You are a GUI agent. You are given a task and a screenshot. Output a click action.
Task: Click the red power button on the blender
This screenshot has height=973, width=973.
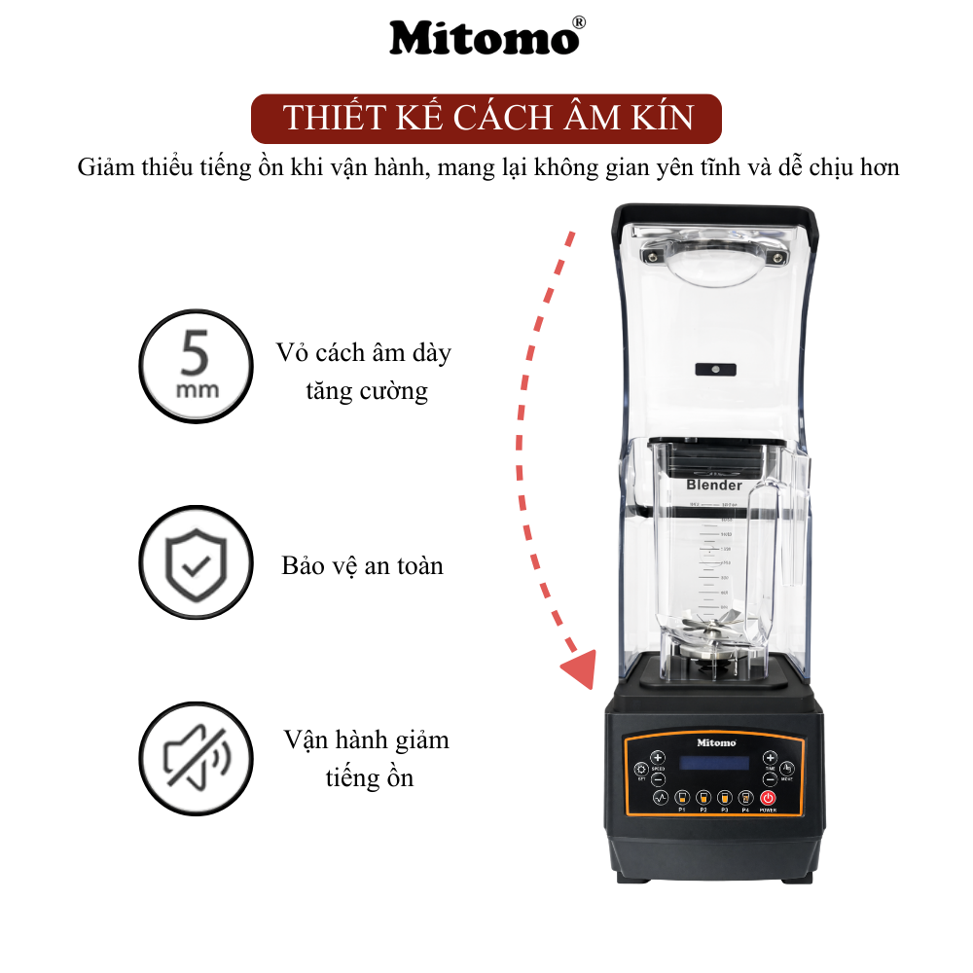click(768, 797)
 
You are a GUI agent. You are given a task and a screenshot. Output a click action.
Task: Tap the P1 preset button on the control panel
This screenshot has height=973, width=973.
click(682, 797)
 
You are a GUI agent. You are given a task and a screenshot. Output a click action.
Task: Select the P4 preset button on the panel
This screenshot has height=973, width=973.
click(745, 797)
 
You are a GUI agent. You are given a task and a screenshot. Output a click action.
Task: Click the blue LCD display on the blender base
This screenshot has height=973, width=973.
click(713, 764)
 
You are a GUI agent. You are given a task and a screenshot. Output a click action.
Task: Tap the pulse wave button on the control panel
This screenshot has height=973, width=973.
click(659, 797)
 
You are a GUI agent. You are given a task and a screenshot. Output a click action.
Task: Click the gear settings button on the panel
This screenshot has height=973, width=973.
click(642, 769)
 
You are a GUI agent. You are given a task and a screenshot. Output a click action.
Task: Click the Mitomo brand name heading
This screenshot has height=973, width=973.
click(481, 39)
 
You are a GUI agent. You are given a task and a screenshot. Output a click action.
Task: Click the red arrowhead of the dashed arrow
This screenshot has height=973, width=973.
click(580, 670)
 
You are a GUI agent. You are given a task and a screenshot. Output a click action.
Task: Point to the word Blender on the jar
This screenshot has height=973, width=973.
click(714, 485)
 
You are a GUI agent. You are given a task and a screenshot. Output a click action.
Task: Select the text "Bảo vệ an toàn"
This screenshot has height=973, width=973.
click(362, 565)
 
